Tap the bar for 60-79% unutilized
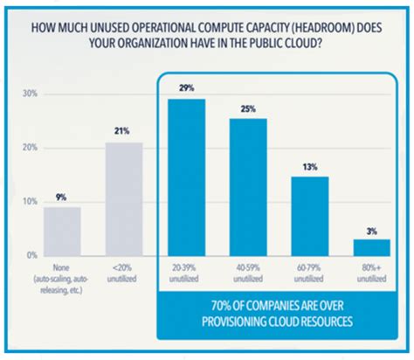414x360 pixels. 309,216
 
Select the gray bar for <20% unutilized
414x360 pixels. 123,198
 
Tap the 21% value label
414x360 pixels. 123,132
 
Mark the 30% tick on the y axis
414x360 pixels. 30,93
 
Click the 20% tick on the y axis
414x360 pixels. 30,148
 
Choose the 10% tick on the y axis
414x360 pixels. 30,202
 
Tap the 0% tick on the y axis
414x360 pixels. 31,255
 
